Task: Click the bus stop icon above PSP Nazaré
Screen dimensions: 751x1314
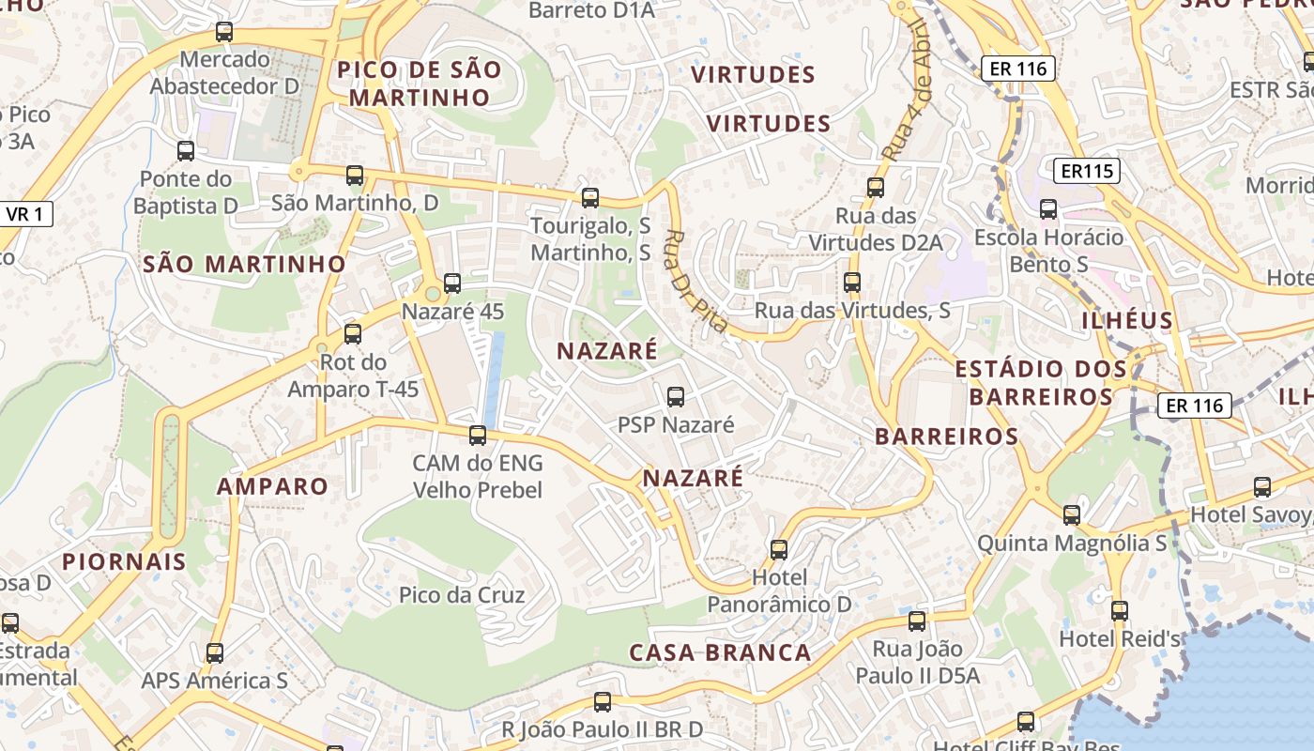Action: tap(676, 396)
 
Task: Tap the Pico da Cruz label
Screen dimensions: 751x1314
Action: tap(462, 595)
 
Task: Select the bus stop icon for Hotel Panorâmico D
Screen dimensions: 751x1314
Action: tap(779, 549)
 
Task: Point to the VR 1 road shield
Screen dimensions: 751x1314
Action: tap(24, 214)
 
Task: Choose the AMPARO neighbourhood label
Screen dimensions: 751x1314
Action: tap(272, 486)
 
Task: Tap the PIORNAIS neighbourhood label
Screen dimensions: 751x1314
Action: tap(124, 561)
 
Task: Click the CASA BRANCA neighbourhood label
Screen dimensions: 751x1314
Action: tap(720, 652)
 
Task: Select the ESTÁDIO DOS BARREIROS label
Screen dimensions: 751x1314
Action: tap(1041, 382)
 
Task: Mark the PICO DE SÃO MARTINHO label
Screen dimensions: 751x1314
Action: tap(420, 83)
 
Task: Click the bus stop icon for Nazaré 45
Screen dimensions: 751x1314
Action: tap(452, 283)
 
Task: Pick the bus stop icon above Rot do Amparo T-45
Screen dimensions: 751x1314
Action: tap(353, 333)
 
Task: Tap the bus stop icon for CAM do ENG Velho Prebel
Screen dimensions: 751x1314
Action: tap(478, 435)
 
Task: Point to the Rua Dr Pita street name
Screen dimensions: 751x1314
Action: tap(696, 281)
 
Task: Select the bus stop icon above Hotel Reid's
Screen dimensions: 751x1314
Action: tap(1119, 610)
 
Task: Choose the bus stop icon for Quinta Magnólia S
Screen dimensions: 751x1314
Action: tap(1072, 514)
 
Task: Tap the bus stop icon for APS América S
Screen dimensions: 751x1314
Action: tap(215, 652)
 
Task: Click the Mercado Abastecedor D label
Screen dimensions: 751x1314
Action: tap(225, 73)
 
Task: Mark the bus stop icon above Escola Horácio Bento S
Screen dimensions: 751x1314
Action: tap(1048, 208)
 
